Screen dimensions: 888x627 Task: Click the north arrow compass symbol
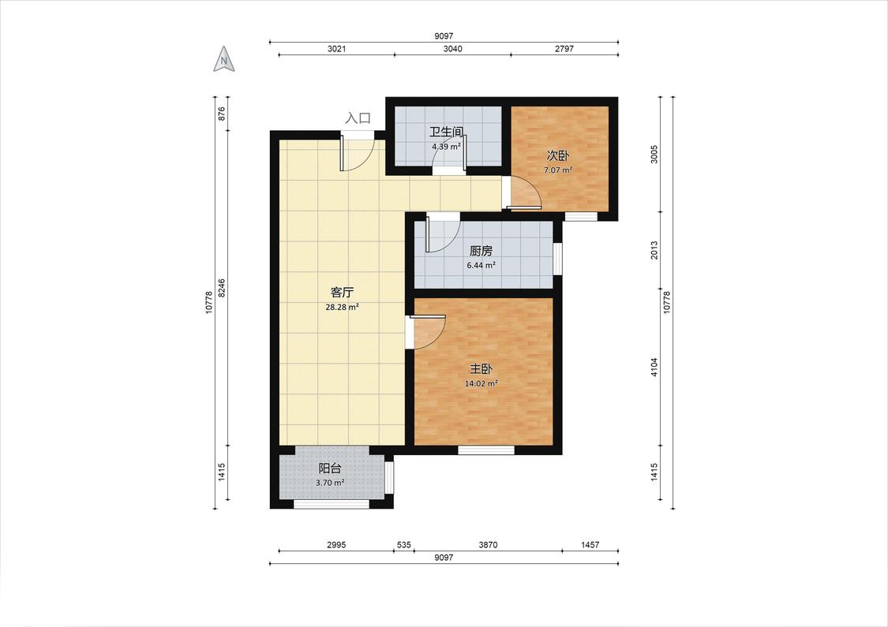224,59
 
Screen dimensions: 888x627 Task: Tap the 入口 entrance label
358,118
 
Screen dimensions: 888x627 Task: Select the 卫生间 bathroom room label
447,132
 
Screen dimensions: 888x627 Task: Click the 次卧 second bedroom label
558,155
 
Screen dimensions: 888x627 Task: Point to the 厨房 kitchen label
481,251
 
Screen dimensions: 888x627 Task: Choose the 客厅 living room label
342,293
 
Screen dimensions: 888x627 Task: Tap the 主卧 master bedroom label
481,369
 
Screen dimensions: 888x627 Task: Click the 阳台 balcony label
330,468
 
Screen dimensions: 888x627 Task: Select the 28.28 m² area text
342,308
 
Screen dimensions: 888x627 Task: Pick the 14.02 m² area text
481,383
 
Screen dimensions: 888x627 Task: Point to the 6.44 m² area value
481,265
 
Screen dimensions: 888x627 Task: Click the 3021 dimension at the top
336,49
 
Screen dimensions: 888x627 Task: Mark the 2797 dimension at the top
564,49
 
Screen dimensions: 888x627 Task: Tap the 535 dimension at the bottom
404,545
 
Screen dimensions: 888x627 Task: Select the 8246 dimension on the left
222,288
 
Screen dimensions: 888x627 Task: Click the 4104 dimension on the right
654,368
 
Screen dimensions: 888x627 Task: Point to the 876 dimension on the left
222,114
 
